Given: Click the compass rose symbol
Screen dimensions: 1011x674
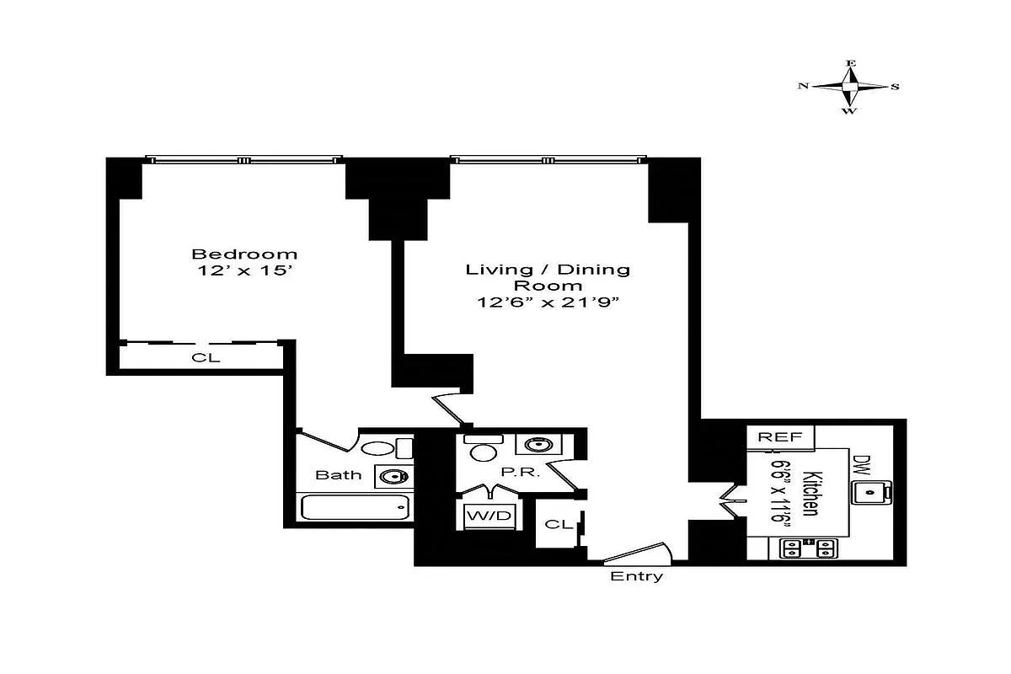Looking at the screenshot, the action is (850, 86).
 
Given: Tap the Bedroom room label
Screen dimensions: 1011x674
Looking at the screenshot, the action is (244, 254).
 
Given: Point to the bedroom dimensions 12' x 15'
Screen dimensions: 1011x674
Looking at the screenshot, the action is (244, 272).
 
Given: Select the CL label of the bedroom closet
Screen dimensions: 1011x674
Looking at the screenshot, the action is (206, 357).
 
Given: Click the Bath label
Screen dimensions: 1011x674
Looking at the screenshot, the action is (339, 475).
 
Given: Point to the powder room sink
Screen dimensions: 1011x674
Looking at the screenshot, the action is (532, 445).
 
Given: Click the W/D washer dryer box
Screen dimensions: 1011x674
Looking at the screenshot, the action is (489, 516).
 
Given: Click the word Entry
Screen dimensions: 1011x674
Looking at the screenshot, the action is (636, 577).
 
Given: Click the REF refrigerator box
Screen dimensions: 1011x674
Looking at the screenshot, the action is (779, 437).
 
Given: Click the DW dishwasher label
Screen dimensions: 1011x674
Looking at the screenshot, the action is (860, 463).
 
